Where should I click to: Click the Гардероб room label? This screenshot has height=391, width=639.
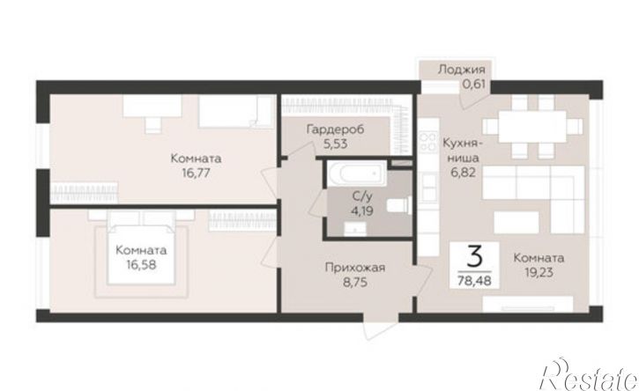coord(335,129)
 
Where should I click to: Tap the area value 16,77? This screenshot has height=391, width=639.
coord(196,173)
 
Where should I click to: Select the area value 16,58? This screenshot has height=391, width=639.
coord(141,265)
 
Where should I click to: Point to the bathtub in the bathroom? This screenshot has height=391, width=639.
coord(357,173)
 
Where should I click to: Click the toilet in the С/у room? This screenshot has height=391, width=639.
coord(398,205)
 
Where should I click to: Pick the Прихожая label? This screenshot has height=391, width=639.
coord(355,268)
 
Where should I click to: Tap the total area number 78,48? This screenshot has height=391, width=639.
coord(474,280)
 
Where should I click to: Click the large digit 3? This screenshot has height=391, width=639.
coord(474,257)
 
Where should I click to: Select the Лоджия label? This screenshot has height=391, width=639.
coord(462,70)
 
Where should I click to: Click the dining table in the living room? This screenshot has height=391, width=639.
coord(532,126)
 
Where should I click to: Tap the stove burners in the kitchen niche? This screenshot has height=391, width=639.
coord(427,142)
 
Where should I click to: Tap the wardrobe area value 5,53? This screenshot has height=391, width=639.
coord(336,144)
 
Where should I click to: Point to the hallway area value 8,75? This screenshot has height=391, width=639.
coord(355,283)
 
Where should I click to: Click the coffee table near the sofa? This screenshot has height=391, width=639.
coord(516,223)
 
